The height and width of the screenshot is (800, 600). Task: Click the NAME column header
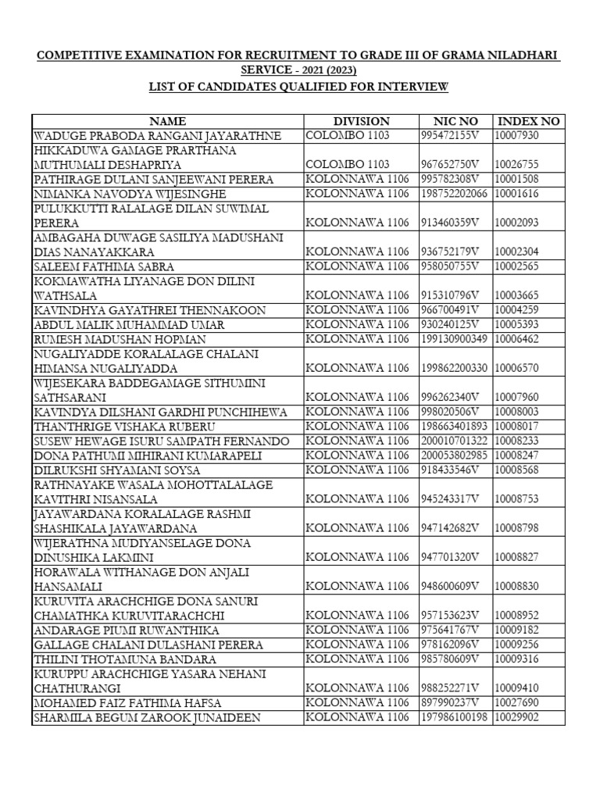click(x=167, y=121)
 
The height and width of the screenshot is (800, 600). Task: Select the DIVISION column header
click(x=361, y=121)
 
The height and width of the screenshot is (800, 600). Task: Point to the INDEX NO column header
click(x=529, y=121)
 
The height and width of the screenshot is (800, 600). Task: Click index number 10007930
click(x=517, y=136)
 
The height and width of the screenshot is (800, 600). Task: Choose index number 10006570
click(x=517, y=368)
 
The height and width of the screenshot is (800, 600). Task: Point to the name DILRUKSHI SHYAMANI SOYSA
click(x=116, y=470)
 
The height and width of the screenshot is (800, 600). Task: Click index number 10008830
click(x=517, y=586)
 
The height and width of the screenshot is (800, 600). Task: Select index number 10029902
click(x=517, y=716)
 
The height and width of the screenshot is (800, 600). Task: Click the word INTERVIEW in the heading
click(x=412, y=86)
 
